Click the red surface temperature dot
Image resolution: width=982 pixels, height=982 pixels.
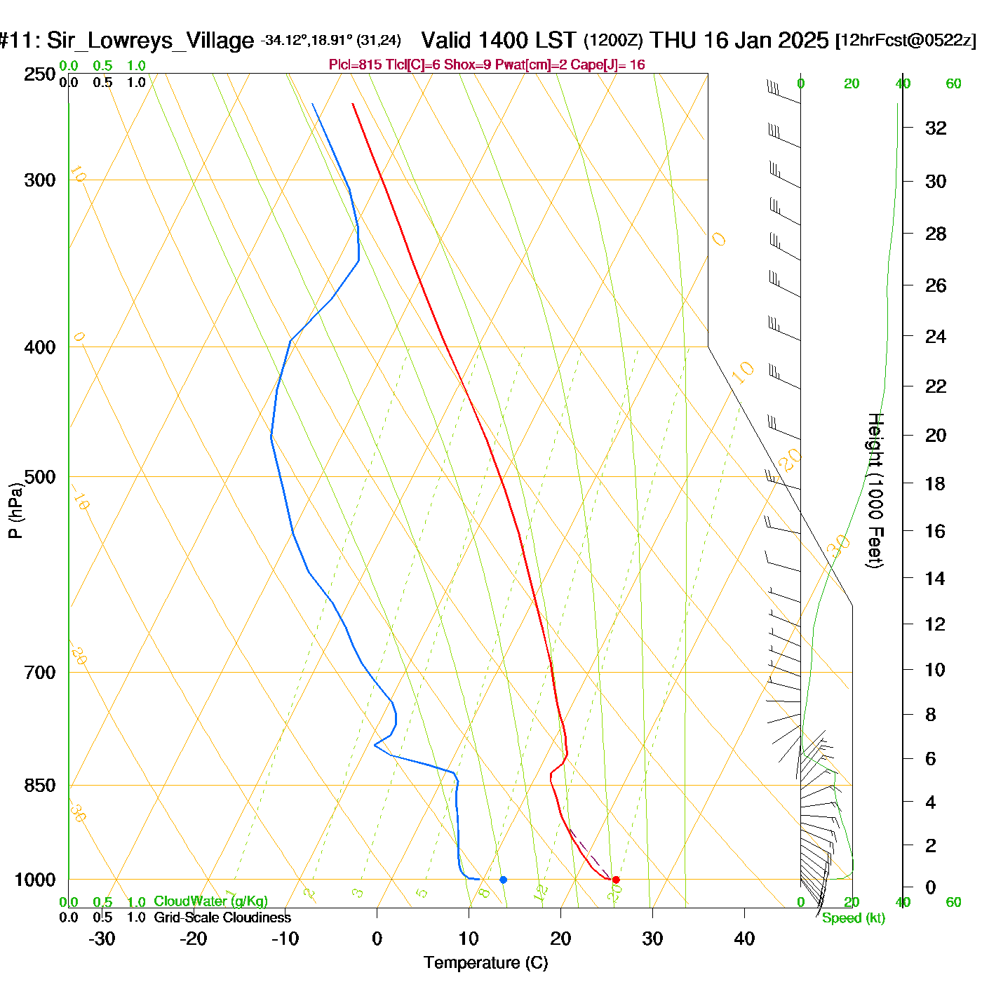click(x=616, y=880)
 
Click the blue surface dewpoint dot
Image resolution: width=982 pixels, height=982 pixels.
click(x=503, y=880)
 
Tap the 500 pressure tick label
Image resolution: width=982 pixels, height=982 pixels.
click(x=40, y=477)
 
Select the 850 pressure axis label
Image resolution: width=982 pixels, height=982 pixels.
click(x=40, y=786)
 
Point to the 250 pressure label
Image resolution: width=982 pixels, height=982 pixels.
click(x=40, y=74)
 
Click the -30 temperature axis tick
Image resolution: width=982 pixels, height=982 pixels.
click(x=102, y=939)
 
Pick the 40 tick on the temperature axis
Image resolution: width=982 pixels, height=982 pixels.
click(x=744, y=939)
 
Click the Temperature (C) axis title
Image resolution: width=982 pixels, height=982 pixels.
click(x=485, y=963)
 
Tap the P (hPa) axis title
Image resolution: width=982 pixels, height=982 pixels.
click(x=15, y=511)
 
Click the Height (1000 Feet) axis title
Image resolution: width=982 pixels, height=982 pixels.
click(x=875, y=490)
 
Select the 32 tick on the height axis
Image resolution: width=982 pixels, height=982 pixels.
click(x=936, y=128)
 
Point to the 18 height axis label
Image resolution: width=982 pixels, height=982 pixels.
click(x=935, y=483)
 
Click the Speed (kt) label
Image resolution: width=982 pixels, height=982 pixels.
click(x=853, y=918)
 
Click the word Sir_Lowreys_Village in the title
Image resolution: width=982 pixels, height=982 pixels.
click(x=150, y=41)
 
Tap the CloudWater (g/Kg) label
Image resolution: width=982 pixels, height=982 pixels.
click(x=210, y=901)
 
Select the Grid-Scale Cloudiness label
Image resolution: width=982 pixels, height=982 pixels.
click(x=222, y=917)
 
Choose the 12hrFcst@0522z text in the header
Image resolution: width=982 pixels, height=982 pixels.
click(x=906, y=41)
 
